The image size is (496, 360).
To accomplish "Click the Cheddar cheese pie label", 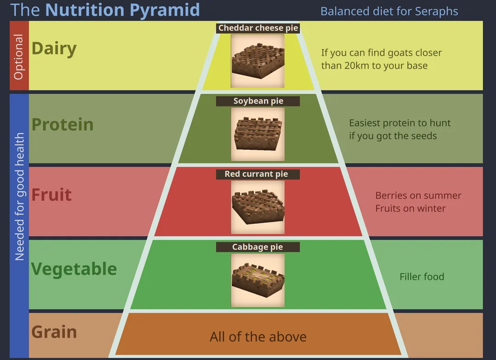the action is [x=258, y=28].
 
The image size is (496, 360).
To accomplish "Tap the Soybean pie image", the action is [x=258, y=134].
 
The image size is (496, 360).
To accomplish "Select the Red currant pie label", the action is [x=258, y=174].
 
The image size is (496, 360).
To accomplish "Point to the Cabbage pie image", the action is [x=258, y=280].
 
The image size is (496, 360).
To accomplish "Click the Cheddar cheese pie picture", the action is [x=258, y=61].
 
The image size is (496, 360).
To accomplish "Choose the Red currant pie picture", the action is [x=258, y=207].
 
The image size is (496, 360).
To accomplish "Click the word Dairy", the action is [x=54, y=49].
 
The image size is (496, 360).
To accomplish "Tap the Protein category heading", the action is [x=62, y=124].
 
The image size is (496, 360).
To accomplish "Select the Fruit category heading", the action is [x=51, y=194].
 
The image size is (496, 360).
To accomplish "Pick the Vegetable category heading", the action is [x=74, y=269].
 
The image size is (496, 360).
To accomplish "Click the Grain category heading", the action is [x=54, y=332].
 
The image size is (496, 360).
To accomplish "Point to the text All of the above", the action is [x=258, y=337].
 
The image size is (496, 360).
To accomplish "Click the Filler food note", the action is [x=422, y=277].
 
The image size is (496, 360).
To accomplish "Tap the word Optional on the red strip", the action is [x=19, y=56].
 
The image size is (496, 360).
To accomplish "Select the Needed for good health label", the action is [x=19, y=197].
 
